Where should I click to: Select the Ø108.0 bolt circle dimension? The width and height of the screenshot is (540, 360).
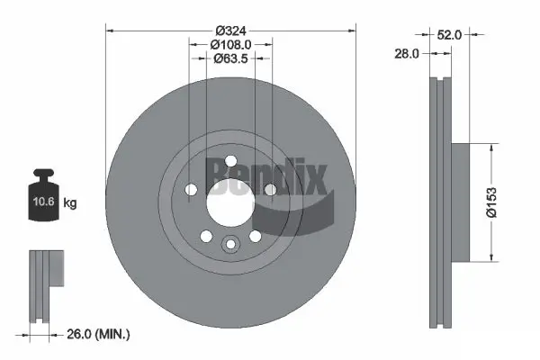[231, 43]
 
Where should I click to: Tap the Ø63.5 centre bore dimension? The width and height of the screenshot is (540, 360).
[231, 59]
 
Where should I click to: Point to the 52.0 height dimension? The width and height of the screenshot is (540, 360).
[449, 35]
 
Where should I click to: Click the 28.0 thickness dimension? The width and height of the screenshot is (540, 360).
[408, 55]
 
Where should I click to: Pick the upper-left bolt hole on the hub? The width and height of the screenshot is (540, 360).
[191, 189]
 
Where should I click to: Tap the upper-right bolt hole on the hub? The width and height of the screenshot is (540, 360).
[270, 189]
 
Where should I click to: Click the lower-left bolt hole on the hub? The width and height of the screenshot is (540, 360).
[206, 236]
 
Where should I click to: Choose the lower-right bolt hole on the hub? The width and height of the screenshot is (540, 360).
[255, 236]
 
